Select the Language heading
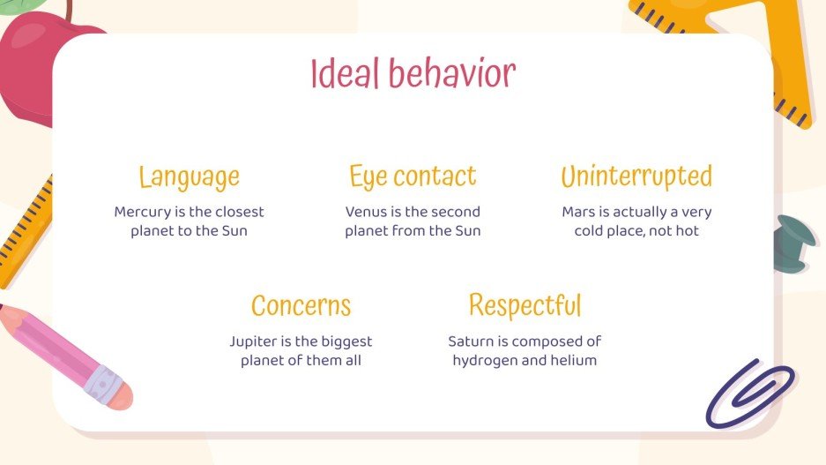189,176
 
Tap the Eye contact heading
413,176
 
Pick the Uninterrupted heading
636,176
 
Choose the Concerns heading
301,305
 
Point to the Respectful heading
525,305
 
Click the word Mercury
141,212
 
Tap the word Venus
366,212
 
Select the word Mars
578,212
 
